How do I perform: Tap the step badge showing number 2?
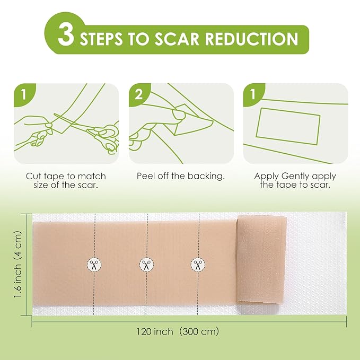139,94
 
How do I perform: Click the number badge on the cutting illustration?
23,94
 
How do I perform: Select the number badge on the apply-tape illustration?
254,94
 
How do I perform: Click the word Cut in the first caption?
33,176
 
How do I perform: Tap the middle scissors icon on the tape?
146,264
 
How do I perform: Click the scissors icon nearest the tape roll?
197,264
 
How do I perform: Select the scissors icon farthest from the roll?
94,264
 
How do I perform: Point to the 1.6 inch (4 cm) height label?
18,264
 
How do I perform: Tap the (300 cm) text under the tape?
199,331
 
